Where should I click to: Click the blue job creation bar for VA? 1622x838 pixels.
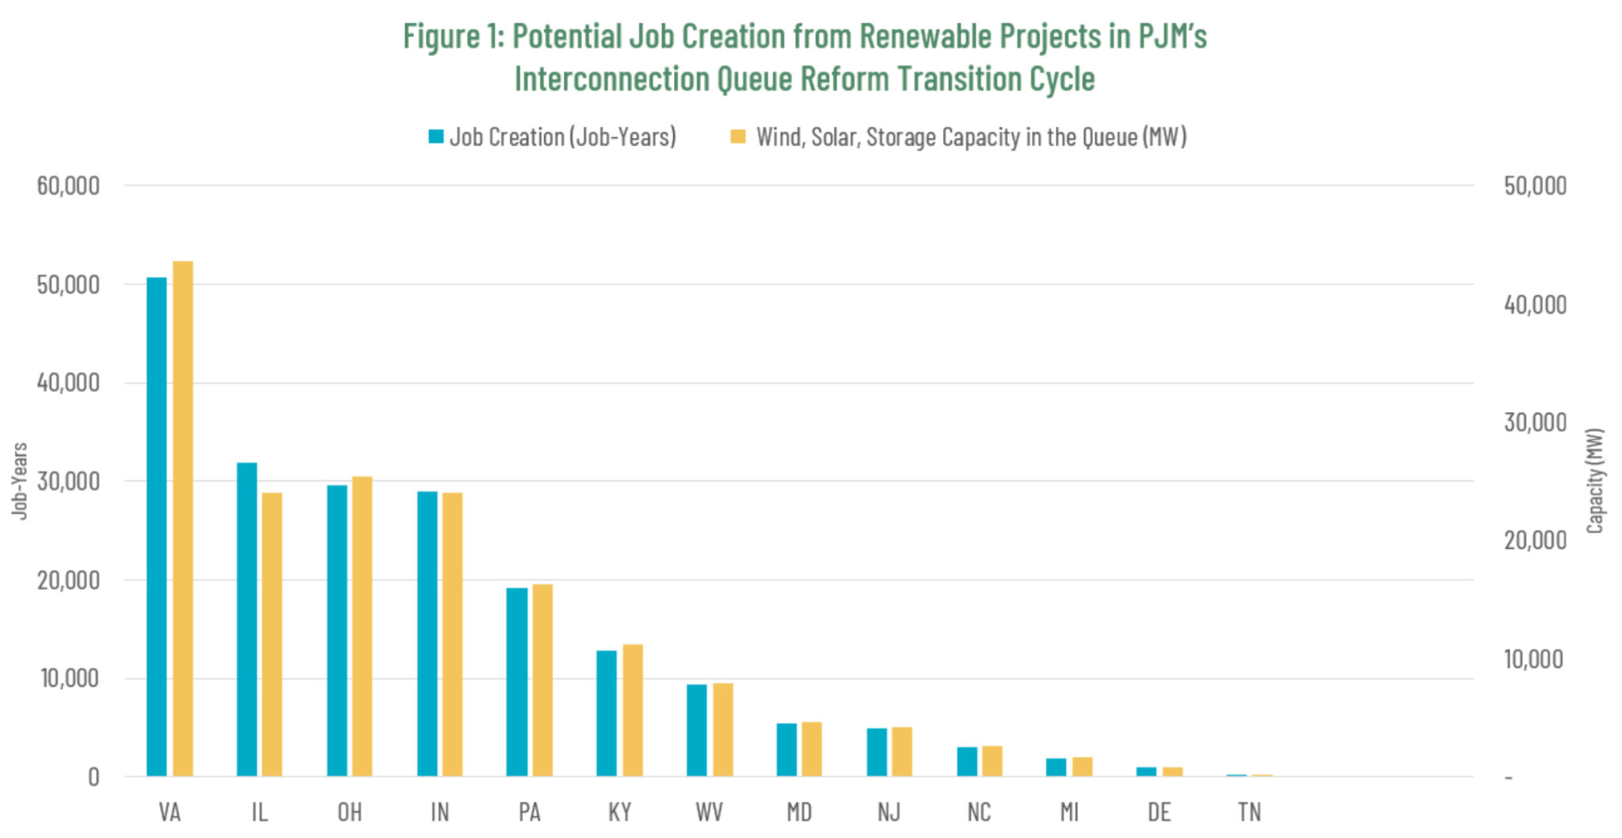(157, 527)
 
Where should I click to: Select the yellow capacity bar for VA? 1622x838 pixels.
(183, 519)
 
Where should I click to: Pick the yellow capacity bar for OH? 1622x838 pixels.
(362, 626)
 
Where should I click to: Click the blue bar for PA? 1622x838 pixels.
(517, 681)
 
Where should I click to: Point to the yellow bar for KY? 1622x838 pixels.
(633, 710)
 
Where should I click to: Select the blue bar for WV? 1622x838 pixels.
(697, 729)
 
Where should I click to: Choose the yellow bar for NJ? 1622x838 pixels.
(902, 751)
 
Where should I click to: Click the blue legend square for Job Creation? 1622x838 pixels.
(436, 136)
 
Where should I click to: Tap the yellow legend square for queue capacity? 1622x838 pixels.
(737, 136)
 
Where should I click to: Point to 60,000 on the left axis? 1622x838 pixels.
(68, 185)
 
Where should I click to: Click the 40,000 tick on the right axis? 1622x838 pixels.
(1535, 304)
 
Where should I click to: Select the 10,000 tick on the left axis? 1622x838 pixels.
(70, 678)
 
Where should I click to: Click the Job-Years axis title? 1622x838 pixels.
(20, 481)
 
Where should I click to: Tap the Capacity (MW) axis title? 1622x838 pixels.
(1595, 481)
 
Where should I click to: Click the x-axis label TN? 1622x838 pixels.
(1249, 812)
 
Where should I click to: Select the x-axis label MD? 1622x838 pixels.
(799, 812)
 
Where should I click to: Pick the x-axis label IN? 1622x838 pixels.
(440, 812)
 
